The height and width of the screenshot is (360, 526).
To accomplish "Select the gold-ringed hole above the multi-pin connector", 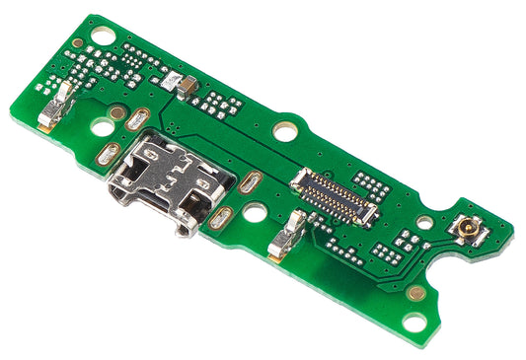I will point(286,128).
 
